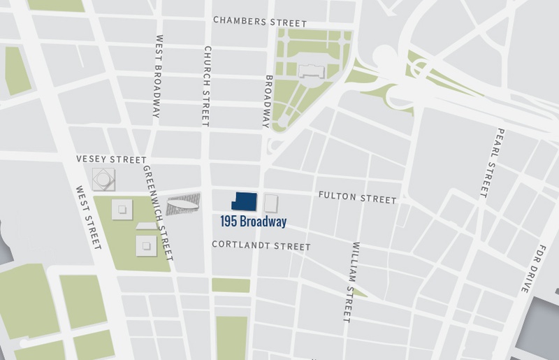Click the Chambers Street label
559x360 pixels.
coord(250,22)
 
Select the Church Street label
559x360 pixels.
coord(206,87)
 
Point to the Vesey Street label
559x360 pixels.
coord(112,160)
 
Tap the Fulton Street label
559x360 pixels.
coord(357,199)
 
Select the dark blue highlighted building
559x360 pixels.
coord(246,201)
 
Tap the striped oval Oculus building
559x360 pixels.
coord(183,203)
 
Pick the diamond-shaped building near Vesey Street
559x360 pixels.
coord(103,180)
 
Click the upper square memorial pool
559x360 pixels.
coord(123,208)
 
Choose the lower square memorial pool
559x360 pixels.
coord(146,244)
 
